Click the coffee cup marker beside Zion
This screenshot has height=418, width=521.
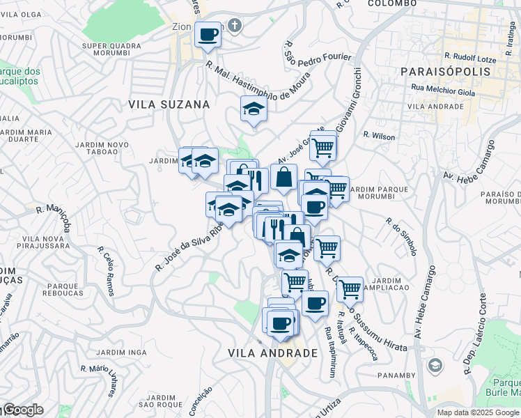[x=207, y=33]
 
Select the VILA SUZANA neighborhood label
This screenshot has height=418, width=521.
[x=169, y=104]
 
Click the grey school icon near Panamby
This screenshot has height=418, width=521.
[x=435, y=364]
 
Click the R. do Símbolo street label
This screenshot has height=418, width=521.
[x=402, y=236]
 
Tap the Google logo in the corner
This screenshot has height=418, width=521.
[x=23, y=410]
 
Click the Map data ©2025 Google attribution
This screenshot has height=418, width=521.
[x=477, y=412]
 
